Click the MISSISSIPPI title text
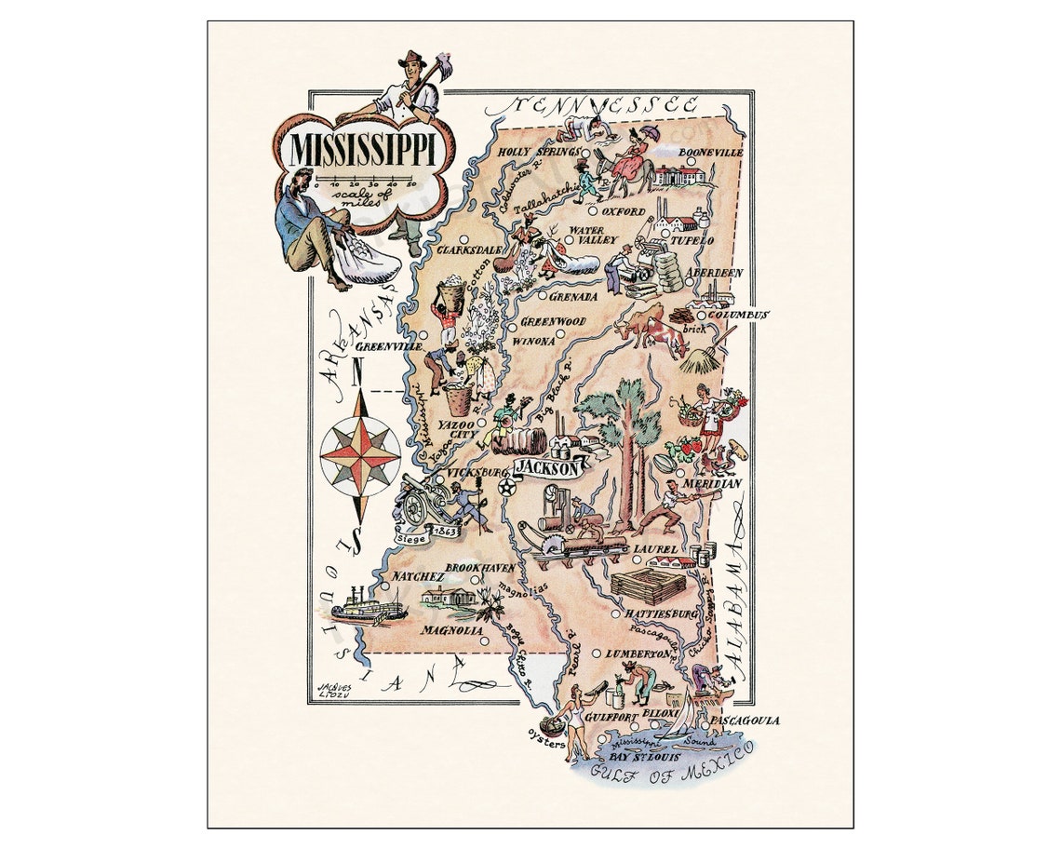(369, 150)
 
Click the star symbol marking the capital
(506, 487)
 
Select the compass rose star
(360, 454)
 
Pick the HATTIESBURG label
(662, 614)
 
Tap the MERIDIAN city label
(711, 484)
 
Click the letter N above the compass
(358, 374)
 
